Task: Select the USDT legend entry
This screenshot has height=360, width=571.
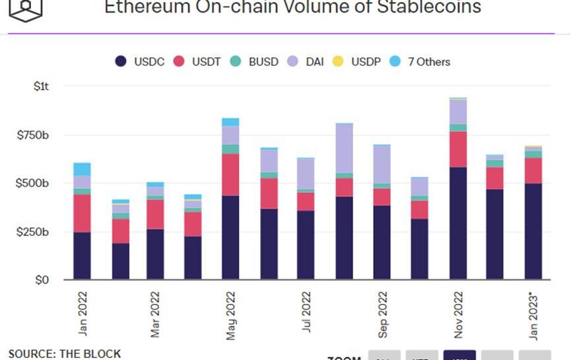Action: click(198, 62)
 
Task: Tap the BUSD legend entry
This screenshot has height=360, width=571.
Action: click(255, 62)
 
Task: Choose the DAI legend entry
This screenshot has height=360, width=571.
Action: click(307, 62)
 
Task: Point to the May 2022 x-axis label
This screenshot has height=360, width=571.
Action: click(231, 316)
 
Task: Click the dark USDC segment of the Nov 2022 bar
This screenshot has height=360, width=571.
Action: click(458, 223)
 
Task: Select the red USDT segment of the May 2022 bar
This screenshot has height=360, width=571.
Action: click(231, 174)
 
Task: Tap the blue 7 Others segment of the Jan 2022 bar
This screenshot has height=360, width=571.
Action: click(82, 168)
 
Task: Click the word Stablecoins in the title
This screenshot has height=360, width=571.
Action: click(430, 8)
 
